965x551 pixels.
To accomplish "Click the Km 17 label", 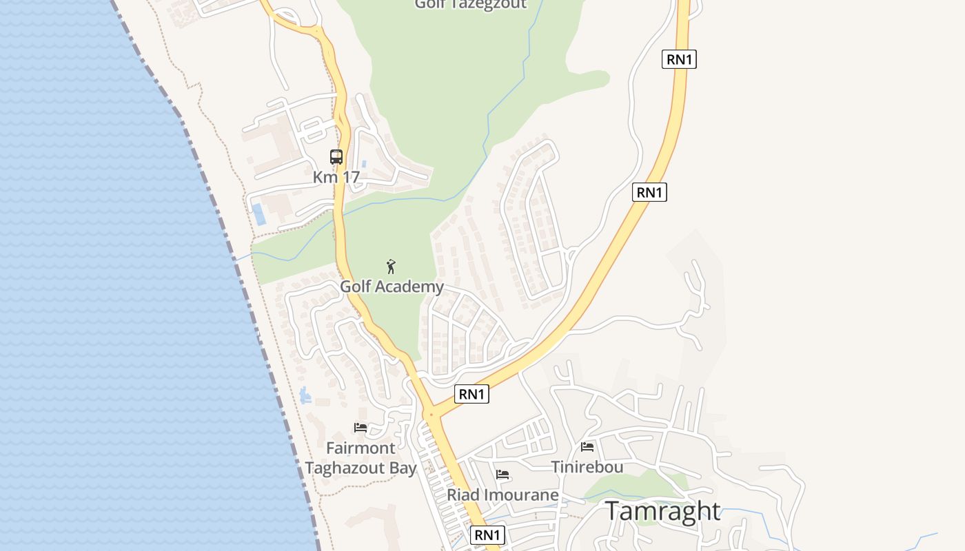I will pos(336,177).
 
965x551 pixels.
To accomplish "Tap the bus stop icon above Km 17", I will pos(336,157).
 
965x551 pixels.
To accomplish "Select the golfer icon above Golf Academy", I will pos(391,267).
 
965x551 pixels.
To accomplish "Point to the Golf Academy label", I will pos(392,287).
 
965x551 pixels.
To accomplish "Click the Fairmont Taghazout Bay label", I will pos(360,458).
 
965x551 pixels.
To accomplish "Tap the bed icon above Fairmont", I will pos(360,428).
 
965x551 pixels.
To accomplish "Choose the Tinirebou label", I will pos(587,467).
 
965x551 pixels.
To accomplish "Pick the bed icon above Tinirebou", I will pos(587,447).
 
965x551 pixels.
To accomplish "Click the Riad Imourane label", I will pos(502,495).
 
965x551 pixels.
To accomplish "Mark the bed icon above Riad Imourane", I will pos(502,475).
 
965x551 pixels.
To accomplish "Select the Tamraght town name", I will pos(662,512).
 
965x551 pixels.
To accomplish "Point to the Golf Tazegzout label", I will pos(470,4).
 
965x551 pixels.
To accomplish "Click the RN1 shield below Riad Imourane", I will pos(487,535).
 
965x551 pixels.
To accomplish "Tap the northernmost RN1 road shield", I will pos(679,59).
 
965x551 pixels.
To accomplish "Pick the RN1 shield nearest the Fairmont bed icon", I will pos(472,394).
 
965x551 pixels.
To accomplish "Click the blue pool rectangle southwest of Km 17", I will pos(258,214).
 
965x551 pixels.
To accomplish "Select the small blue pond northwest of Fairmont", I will pos(305,395).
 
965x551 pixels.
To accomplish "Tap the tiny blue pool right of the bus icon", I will pos(364,164).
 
